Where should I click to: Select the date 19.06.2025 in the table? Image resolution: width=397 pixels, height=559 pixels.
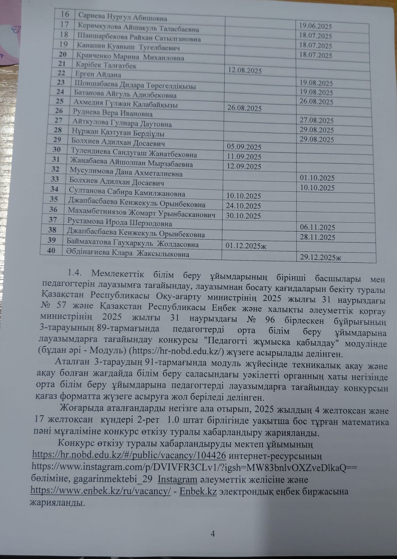(316, 26)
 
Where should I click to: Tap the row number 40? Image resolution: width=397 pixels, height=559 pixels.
(51, 251)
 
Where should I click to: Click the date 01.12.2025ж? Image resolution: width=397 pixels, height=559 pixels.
(246, 246)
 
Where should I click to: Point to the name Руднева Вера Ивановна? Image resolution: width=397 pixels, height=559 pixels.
(113, 113)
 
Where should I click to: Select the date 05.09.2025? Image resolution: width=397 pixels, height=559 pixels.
(244, 147)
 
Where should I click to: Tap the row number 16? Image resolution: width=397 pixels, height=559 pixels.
(65, 14)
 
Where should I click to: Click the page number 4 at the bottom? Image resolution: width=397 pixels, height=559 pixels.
(212, 533)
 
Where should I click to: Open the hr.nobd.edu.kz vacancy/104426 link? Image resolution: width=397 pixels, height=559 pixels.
(129, 455)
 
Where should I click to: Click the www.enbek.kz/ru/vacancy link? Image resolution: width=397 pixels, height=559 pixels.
(101, 491)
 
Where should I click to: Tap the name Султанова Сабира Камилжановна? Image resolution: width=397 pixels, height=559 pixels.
(127, 193)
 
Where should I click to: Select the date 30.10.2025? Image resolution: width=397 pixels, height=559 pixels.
(243, 216)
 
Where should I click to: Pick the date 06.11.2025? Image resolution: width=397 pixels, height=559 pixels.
(317, 227)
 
